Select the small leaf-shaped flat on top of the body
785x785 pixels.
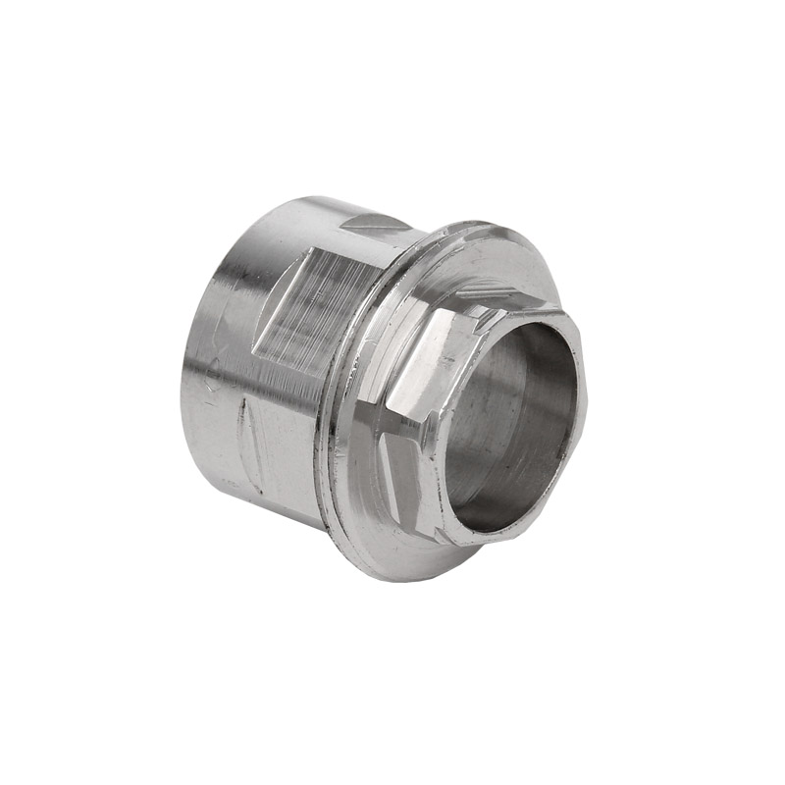coord(378,225)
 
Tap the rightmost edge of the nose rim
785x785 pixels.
coord(586,412)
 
